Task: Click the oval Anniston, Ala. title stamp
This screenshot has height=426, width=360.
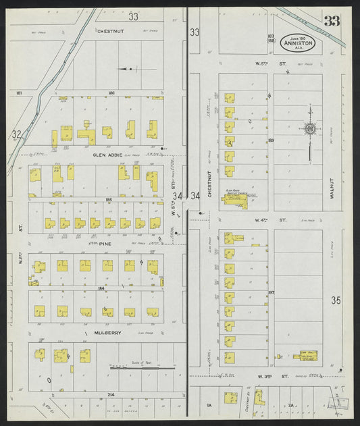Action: [298, 43]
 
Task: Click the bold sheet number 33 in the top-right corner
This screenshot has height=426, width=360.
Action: [332, 21]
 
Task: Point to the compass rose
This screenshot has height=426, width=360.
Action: [310, 128]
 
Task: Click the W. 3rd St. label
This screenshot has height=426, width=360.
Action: [272, 376]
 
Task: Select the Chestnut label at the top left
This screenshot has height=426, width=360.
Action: [109, 31]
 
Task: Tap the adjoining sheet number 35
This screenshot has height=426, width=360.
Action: [337, 300]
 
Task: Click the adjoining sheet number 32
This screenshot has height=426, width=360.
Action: [16, 134]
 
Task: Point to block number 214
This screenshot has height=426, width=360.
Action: [111, 394]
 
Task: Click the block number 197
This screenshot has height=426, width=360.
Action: [271, 292]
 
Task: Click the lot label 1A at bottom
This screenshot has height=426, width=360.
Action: [209, 404]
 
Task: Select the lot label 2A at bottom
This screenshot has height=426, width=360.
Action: [291, 404]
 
